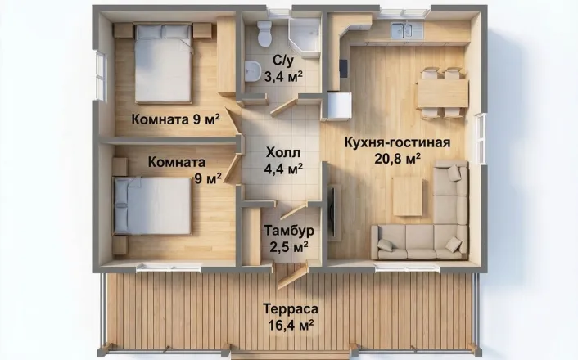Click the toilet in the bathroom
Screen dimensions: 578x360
click(x=264, y=34)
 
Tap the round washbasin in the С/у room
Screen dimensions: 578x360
click(x=252, y=71)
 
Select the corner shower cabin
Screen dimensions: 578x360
click(x=304, y=38)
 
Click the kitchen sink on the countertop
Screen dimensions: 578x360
click(x=402, y=29)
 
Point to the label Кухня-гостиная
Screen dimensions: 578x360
click(x=397, y=142)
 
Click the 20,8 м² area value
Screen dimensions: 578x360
click(x=398, y=159)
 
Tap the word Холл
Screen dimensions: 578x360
click(x=283, y=152)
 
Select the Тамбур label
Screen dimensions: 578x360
click(x=289, y=231)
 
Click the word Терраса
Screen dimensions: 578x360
click(x=291, y=308)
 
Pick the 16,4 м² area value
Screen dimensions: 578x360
click(x=291, y=326)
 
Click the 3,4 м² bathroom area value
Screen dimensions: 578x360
click(x=283, y=76)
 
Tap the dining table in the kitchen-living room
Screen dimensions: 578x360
click(x=442, y=93)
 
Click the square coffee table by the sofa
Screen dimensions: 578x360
click(x=408, y=196)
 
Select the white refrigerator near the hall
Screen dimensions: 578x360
click(x=338, y=106)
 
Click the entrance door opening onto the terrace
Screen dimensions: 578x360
click(x=292, y=277)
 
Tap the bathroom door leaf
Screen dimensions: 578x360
click(x=284, y=108)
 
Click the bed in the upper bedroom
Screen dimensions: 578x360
click(x=164, y=63)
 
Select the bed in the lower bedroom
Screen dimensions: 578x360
click(x=152, y=205)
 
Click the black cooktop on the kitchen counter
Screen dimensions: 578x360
click(x=343, y=69)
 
